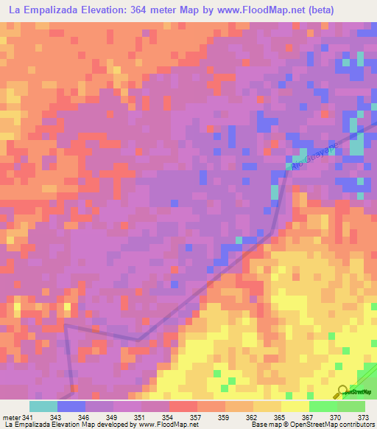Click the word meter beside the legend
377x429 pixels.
click(x=11, y=418)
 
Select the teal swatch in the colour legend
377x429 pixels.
click(x=43, y=406)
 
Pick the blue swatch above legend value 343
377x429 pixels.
click(x=71, y=406)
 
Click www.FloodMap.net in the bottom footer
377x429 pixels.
click(x=168, y=425)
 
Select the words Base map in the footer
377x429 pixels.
click(x=262, y=425)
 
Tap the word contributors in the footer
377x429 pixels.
click(x=357, y=425)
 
